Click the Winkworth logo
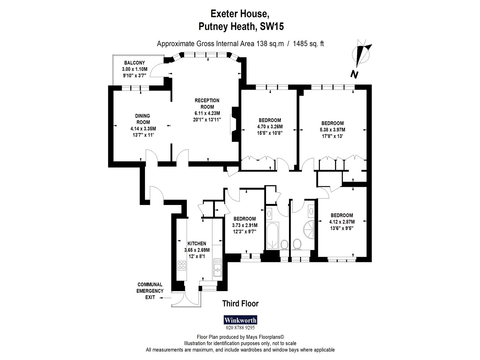pyautogui.click(x=240, y=320)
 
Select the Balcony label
pyautogui.click(x=134, y=63)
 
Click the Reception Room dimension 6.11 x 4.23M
pyautogui.click(x=207, y=113)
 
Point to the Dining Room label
pyautogui.click(x=143, y=119)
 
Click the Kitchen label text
pyautogui.click(x=197, y=243)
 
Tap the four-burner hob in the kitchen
pyautogui.click(x=182, y=266)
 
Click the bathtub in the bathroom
pyautogui.click(x=272, y=236)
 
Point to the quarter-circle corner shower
pyautogui.click(x=309, y=230)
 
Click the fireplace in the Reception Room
pyautogui.click(x=235, y=124)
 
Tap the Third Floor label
pyautogui.click(x=240, y=304)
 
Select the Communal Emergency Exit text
pyautogui.click(x=150, y=291)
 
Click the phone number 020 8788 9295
pyautogui.click(x=240, y=328)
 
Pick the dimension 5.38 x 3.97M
pyautogui.click(x=332, y=130)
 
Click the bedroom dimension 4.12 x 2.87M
pyautogui.click(x=342, y=221)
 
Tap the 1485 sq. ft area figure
pyautogui.click(x=308, y=44)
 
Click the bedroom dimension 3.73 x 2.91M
pyautogui.click(x=245, y=225)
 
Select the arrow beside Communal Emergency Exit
pyautogui.click(x=165, y=298)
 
